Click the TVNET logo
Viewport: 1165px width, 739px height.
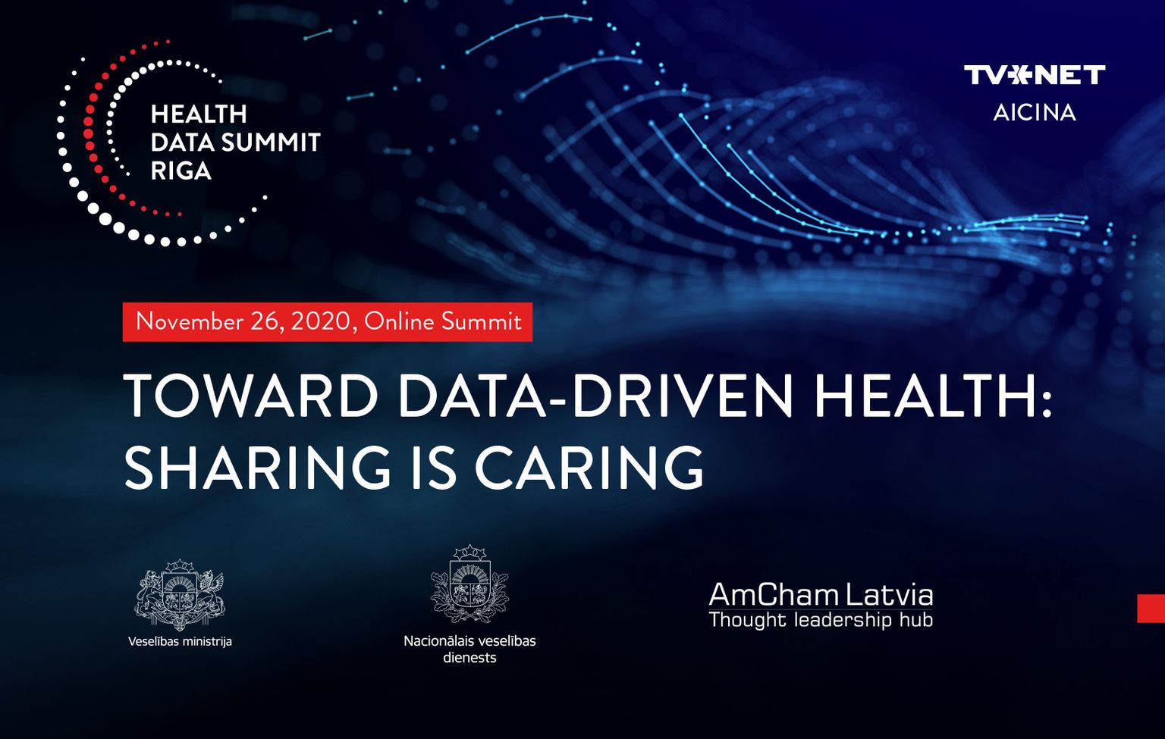click(x=1035, y=75)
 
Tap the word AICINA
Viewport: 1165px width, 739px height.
click(x=1035, y=112)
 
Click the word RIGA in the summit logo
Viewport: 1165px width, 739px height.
click(x=181, y=171)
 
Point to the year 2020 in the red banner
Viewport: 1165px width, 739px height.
click(x=320, y=321)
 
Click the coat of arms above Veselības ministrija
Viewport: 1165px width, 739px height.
click(x=180, y=594)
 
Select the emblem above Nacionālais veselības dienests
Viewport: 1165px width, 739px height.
click(x=469, y=584)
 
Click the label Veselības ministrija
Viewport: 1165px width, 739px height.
click(x=180, y=642)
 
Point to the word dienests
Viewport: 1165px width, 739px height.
click(x=469, y=658)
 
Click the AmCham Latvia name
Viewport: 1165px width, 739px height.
click(x=821, y=596)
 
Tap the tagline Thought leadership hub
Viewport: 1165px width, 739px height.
click(x=821, y=620)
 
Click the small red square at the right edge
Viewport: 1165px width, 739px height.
click(x=1151, y=608)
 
